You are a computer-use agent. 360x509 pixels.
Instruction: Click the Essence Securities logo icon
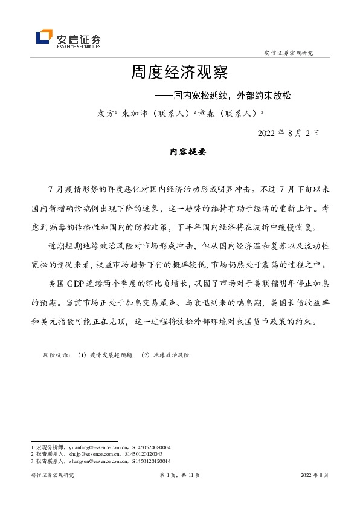click(x=44, y=37)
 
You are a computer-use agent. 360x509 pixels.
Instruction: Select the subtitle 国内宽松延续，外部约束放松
click(x=233, y=96)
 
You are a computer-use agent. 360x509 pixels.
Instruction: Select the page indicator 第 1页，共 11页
click(x=179, y=476)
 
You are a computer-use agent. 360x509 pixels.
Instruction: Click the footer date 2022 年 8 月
click(x=315, y=476)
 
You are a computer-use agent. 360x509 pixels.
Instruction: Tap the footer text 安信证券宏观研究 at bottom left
click(x=52, y=476)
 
